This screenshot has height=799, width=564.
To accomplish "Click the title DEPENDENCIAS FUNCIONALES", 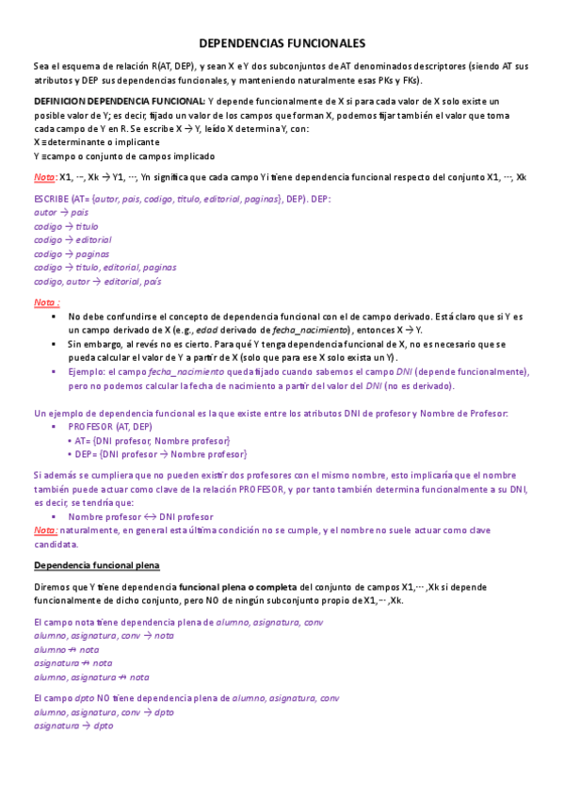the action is tap(282, 43).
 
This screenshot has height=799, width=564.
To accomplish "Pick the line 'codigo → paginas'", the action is tap(72, 253).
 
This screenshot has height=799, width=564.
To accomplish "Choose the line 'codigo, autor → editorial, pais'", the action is tap(97, 281).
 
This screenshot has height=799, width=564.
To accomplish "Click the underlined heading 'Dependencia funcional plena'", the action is tap(97, 564).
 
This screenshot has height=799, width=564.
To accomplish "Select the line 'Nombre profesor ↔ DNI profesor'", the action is tap(140, 516).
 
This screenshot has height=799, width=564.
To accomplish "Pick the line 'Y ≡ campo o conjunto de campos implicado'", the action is tap(123, 155).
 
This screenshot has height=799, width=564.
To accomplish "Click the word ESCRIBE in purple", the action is tap(54, 199).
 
